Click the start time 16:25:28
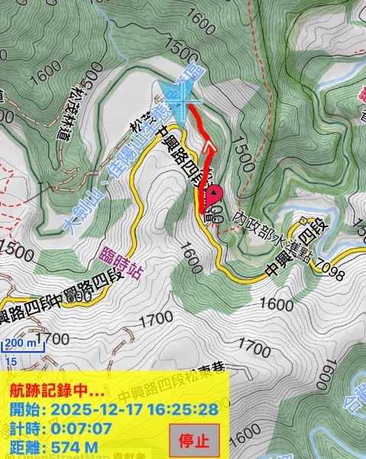(190, 409)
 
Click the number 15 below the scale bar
(11, 360)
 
